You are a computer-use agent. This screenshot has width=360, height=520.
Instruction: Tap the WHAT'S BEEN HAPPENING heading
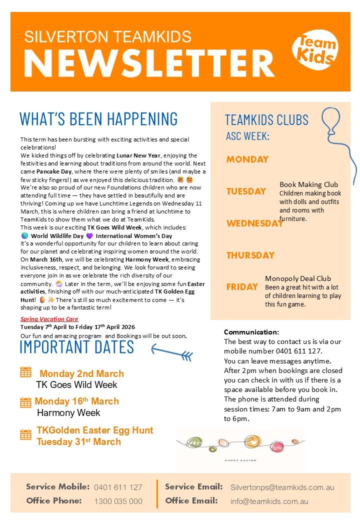click(x=98, y=118)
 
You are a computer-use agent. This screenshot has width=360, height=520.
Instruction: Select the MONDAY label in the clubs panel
click(x=247, y=159)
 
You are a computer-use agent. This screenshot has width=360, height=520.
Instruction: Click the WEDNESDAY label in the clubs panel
click(x=255, y=223)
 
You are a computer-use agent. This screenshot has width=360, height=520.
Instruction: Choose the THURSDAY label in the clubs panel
click(x=250, y=255)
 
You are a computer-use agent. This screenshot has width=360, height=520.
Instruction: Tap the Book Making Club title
click(x=308, y=184)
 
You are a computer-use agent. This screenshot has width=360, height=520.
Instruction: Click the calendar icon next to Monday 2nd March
click(x=25, y=372)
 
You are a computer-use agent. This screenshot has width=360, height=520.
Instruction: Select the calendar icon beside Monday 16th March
click(x=25, y=401)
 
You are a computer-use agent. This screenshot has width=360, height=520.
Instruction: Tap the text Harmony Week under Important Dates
click(x=68, y=413)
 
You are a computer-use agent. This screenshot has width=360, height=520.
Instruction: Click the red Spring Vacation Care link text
click(x=49, y=318)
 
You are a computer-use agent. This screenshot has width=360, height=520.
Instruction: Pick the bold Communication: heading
click(x=251, y=332)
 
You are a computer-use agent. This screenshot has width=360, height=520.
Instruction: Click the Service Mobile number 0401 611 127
click(x=118, y=487)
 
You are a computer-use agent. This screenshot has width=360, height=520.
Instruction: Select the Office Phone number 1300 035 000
click(x=118, y=501)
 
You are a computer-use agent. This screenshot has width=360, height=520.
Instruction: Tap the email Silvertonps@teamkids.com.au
click(x=282, y=487)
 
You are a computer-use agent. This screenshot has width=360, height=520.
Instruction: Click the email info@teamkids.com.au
click(x=269, y=501)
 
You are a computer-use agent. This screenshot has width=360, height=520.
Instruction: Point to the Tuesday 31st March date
click(x=78, y=441)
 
